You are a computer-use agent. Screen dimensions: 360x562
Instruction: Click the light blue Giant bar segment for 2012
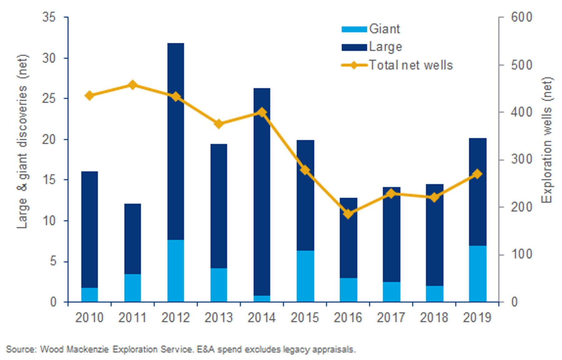[175, 270]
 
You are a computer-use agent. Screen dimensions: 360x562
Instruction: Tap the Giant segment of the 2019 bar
[477, 274]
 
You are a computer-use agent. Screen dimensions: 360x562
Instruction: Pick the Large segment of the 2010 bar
[89, 229]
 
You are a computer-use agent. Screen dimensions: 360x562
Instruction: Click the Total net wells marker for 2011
[132, 85]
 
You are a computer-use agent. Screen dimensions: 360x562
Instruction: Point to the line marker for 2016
[348, 214]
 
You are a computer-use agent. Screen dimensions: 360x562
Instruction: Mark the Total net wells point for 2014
[262, 112]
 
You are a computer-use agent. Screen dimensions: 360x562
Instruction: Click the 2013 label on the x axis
[219, 318]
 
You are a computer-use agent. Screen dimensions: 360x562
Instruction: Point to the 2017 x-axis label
[391, 318]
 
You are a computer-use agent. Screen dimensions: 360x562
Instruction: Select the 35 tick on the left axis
[49, 17]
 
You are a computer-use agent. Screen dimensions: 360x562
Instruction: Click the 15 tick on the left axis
[49, 180]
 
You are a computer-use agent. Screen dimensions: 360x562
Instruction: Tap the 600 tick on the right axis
[521, 17]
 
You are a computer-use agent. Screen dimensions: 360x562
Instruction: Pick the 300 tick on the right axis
[521, 159]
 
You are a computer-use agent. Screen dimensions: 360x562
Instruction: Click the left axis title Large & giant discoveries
[22, 142]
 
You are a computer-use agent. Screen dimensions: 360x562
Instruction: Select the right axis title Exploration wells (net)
[547, 140]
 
